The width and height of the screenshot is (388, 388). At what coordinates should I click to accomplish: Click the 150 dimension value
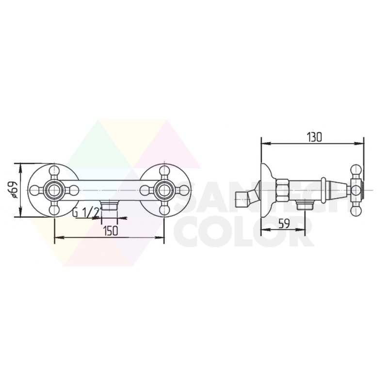(x=111, y=231)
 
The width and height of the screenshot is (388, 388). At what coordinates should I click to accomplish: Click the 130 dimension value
(x=314, y=137)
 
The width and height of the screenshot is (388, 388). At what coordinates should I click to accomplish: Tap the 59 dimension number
(x=284, y=224)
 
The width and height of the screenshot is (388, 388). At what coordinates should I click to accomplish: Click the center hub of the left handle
(x=54, y=190)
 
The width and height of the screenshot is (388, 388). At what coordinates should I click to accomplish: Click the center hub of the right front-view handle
(x=163, y=190)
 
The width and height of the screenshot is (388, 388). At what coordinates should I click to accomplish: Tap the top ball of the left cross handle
(x=54, y=171)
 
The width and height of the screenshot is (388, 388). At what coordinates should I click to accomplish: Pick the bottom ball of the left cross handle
(x=54, y=210)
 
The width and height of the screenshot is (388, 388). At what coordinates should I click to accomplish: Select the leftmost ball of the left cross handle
(x=34, y=190)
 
